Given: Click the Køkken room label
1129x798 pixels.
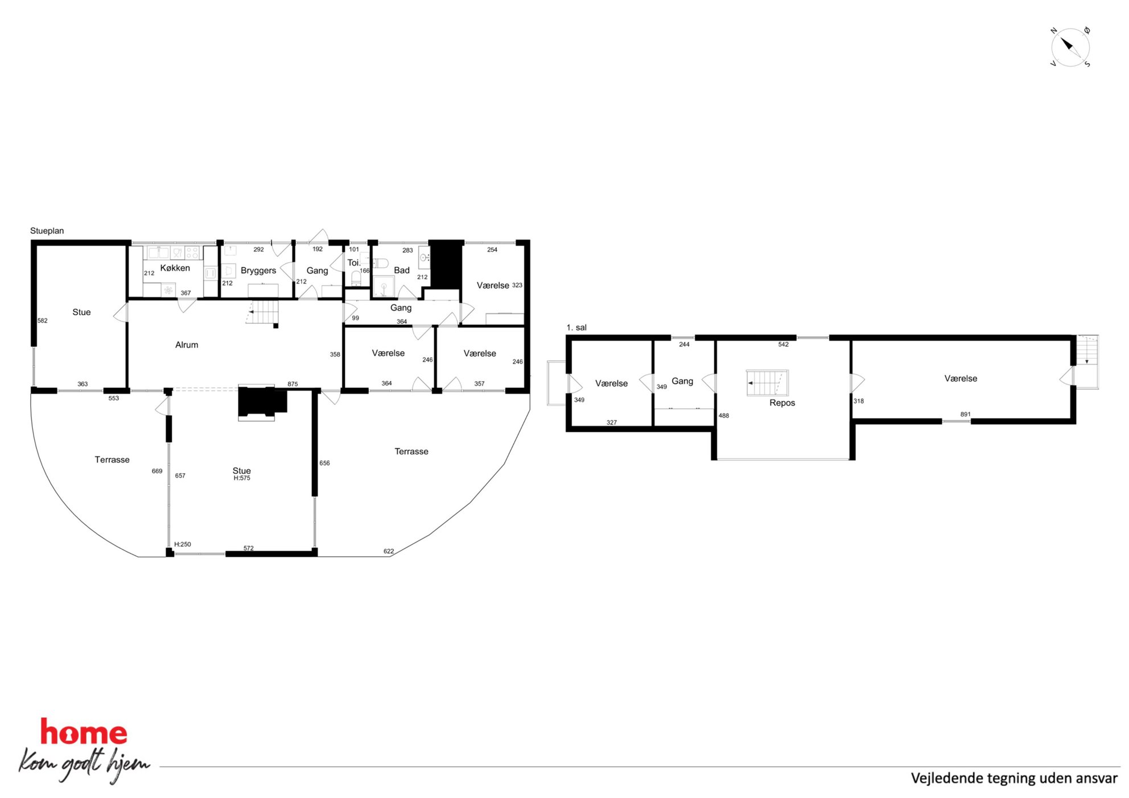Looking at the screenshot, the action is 175,268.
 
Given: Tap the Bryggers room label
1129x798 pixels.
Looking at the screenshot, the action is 258,271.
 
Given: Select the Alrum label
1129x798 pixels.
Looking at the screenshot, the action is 187,345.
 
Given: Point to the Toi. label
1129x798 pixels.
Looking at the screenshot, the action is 354,263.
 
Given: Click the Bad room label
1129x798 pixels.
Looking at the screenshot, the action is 402,270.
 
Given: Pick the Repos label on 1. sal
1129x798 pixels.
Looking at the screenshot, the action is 782,403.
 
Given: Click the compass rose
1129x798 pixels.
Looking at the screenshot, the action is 1070,47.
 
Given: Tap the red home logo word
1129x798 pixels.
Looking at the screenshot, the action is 84,732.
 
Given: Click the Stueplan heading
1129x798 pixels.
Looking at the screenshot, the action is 47,231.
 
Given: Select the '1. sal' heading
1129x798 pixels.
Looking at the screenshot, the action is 576,328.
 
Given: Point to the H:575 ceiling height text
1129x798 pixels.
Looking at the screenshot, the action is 242,478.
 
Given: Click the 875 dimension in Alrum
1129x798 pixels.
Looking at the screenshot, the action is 292,384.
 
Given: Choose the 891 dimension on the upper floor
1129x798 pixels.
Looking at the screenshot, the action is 965,414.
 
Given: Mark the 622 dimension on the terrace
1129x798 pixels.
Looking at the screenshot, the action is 389,551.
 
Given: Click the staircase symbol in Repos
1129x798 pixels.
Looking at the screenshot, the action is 768,383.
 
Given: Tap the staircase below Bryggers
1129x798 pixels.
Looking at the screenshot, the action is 263,312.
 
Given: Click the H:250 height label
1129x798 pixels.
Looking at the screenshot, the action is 183,544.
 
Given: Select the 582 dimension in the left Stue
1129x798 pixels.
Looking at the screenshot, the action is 43,321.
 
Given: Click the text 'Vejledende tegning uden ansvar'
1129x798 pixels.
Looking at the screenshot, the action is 1014,778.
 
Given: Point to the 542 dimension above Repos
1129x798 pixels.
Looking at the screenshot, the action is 784,345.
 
